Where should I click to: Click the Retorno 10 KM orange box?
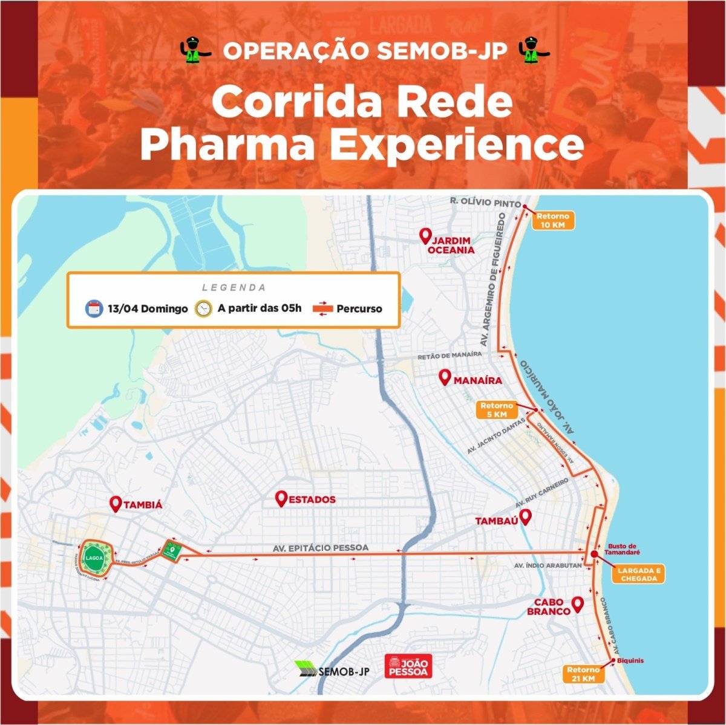click(x=552, y=220)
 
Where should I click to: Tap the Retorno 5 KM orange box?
click(x=497, y=410)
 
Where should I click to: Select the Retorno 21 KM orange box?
click(x=584, y=674)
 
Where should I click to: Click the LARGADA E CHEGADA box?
click(x=638, y=574)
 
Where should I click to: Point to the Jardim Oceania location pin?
click(x=425, y=236)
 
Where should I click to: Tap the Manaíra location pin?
click(x=445, y=378)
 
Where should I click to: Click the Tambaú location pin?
click(x=525, y=517)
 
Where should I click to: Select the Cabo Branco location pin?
click(x=577, y=603)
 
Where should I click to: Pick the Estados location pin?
click(x=281, y=499)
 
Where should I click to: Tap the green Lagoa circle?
click(x=94, y=558)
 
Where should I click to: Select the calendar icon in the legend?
click(x=94, y=308)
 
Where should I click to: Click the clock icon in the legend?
click(x=203, y=308)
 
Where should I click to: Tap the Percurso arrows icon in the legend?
click(x=322, y=308)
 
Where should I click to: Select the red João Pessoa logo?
click(x=408, y=666)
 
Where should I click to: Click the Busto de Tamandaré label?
click(x=624, y=548)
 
